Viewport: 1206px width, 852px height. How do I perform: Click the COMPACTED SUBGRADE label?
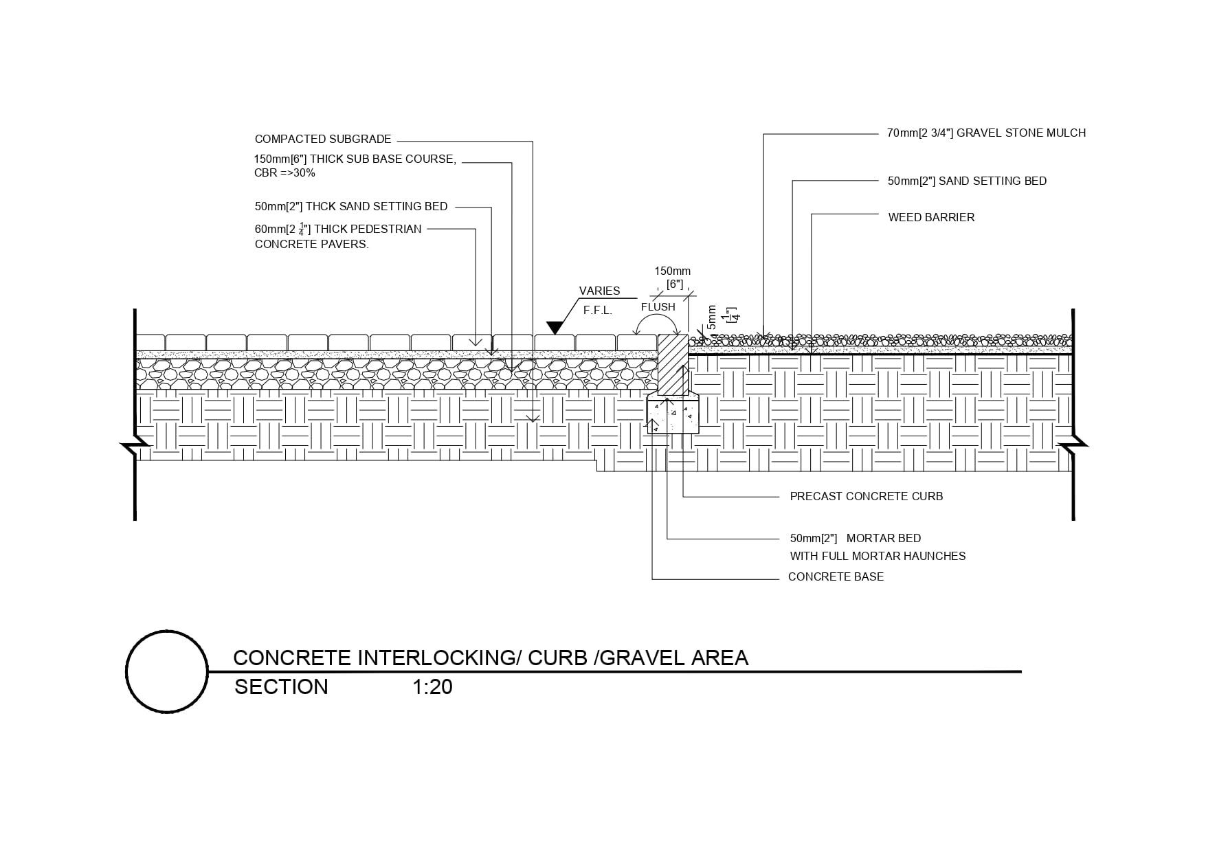pyautogui.click(x=323, y=139)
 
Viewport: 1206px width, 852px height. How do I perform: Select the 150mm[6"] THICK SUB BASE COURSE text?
pyautogui.click(x=355, y=159)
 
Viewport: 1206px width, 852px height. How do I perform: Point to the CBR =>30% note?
pyautogui.click(x=284, y=173)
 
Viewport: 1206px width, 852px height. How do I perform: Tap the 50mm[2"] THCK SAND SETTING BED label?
pyautogui.click(x=350, y=206)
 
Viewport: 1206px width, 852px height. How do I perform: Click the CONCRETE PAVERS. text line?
pyautogui.click(x=311, y=244)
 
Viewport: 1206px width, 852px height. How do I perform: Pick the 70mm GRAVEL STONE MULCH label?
pyautogui.click(x=986, y=133)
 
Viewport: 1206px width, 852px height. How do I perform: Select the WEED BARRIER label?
pyautogui.click(x=931, y=217)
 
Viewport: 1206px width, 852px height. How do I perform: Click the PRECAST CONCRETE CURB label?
pyautogui.click(x=866, y=496)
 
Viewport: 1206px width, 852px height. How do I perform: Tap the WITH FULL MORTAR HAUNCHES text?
pyautogui.click(x=878, y=556)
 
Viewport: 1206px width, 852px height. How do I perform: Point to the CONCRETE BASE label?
pyautogui.click(x=836, y=576)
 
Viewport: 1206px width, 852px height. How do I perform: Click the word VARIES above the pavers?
pyautogui.click(x=599, y=291)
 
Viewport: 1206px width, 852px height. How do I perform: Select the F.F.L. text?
pyautogui.click(x=598, y=311)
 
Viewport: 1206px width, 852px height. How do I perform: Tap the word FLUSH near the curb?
pyautogui.click(x=658, y=307)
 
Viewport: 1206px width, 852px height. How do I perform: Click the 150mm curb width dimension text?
pyautogui.click(x=672, y=271)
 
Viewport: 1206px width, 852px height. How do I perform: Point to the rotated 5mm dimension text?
pyautogui.click(x=712, y=318)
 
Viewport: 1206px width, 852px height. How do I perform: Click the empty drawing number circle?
pyautogui.click(x=167, y=671)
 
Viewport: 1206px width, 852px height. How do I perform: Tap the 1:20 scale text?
pyautogui.click(x=432, y=687)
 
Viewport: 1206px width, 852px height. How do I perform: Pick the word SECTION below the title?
pyautogui.click(x=281, y=687)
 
